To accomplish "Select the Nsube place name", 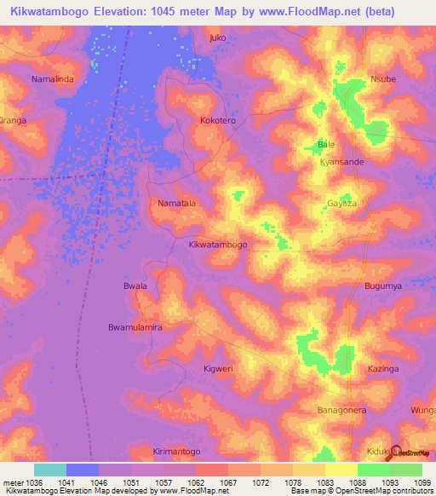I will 383,79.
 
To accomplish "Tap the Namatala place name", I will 177,204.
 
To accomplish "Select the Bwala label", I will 135,285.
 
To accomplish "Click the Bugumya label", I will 383,285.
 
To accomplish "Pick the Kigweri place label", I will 218,368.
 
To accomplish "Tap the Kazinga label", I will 382,368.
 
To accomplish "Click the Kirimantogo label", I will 176,451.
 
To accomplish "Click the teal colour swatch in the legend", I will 49,470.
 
